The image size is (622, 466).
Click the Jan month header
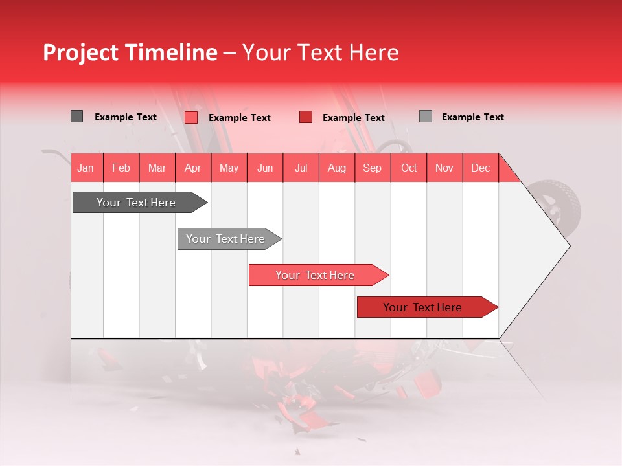click(x=86, y=168)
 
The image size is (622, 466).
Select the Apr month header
click(x=192, y=168)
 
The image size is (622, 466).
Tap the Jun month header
click(x=265, y=168)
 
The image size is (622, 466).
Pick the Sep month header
click(x=372, y=168)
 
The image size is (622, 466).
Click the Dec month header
click(x=480, y=168)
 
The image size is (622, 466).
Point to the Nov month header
click(x=444, y=168)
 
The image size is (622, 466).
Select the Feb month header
click(x=121, y=168)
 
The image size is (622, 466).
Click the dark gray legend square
click(x=76, y=116)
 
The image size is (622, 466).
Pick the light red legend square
click(x=191, y=117)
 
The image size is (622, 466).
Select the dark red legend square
click(x=306, y=117)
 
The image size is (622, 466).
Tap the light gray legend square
click(x=426, y=116)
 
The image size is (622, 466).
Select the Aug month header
click(x=337, y=168)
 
